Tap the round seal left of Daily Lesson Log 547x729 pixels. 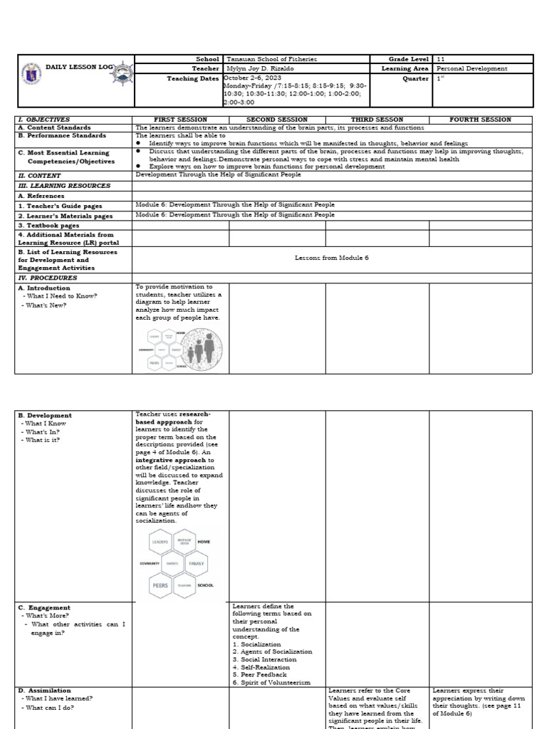click(30, 69)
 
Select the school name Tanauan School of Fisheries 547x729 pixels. click(261, 59)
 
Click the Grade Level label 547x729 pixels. click(409, 59)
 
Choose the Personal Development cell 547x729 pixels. click(472, 69)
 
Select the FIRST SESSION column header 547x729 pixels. click(180, 120)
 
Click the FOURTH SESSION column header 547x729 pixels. click(481, 120)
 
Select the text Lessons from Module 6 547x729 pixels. click(332, 257)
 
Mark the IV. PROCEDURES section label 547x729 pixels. click(48, 278)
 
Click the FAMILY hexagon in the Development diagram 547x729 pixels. click(196, 563)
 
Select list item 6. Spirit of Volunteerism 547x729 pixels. click(271, 682)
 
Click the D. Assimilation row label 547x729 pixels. click(44, 690)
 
